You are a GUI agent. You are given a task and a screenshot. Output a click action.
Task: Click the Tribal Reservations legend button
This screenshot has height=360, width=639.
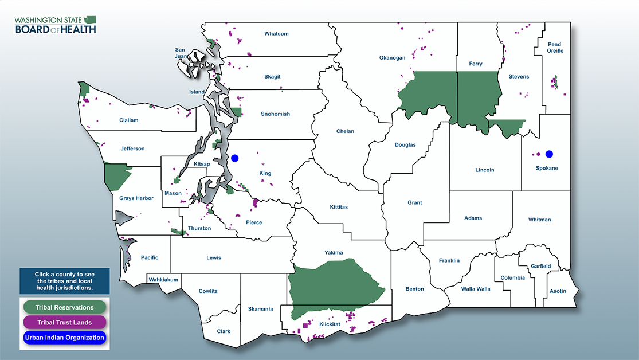[64, 307]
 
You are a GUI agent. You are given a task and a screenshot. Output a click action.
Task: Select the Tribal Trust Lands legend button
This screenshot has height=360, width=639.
[64, 322]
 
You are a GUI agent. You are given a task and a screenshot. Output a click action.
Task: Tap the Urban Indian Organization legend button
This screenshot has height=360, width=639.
[64, 338]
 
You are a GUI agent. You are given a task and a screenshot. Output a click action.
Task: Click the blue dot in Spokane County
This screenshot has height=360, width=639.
[549, 154]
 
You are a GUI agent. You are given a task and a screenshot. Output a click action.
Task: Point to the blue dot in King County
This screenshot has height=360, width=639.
[234, 158]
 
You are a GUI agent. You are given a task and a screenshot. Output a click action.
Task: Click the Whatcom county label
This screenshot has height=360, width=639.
[276, 34]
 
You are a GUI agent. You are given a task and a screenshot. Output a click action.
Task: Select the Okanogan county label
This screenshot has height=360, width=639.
[392, 58]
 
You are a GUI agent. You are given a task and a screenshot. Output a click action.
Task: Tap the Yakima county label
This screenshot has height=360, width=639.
[334, 253]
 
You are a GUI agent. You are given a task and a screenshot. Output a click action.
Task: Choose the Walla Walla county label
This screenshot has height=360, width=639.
[476, 289]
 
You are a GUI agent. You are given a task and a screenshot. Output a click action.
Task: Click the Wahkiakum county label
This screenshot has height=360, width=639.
[164, 280]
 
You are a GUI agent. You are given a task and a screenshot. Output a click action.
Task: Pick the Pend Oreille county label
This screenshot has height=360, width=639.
[554, 48]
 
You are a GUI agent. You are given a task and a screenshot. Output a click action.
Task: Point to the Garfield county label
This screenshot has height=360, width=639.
[540, 266]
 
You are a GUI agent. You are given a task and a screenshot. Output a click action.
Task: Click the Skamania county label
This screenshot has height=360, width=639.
[260, 309]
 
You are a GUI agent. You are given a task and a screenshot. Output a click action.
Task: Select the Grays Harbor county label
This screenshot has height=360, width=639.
[136, 198]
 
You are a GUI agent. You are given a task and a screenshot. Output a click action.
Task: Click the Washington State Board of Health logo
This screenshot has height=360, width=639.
[56, 25]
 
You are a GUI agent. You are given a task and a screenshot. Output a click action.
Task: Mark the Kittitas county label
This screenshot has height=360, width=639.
[339, 207]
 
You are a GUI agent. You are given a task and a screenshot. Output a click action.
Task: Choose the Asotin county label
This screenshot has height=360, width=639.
[558, 291]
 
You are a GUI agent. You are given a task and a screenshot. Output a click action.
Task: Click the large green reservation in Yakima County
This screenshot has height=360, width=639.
[335, 284]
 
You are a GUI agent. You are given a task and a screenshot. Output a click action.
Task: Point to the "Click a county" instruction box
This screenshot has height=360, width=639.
[64, 281]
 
